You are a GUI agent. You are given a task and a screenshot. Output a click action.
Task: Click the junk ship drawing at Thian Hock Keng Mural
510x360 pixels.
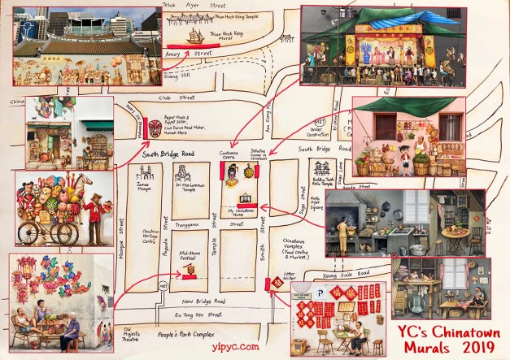pos(195,36)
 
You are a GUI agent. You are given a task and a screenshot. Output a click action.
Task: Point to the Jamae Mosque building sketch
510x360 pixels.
pos(146,173)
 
